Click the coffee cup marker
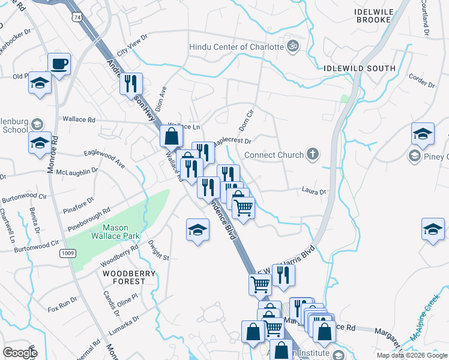59,64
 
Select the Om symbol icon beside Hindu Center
293,47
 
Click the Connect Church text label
274,155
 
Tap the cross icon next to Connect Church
312,155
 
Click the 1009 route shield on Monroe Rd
67,254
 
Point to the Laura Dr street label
313,193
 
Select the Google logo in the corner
19,352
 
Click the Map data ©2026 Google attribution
412,355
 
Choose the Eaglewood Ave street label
104,158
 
